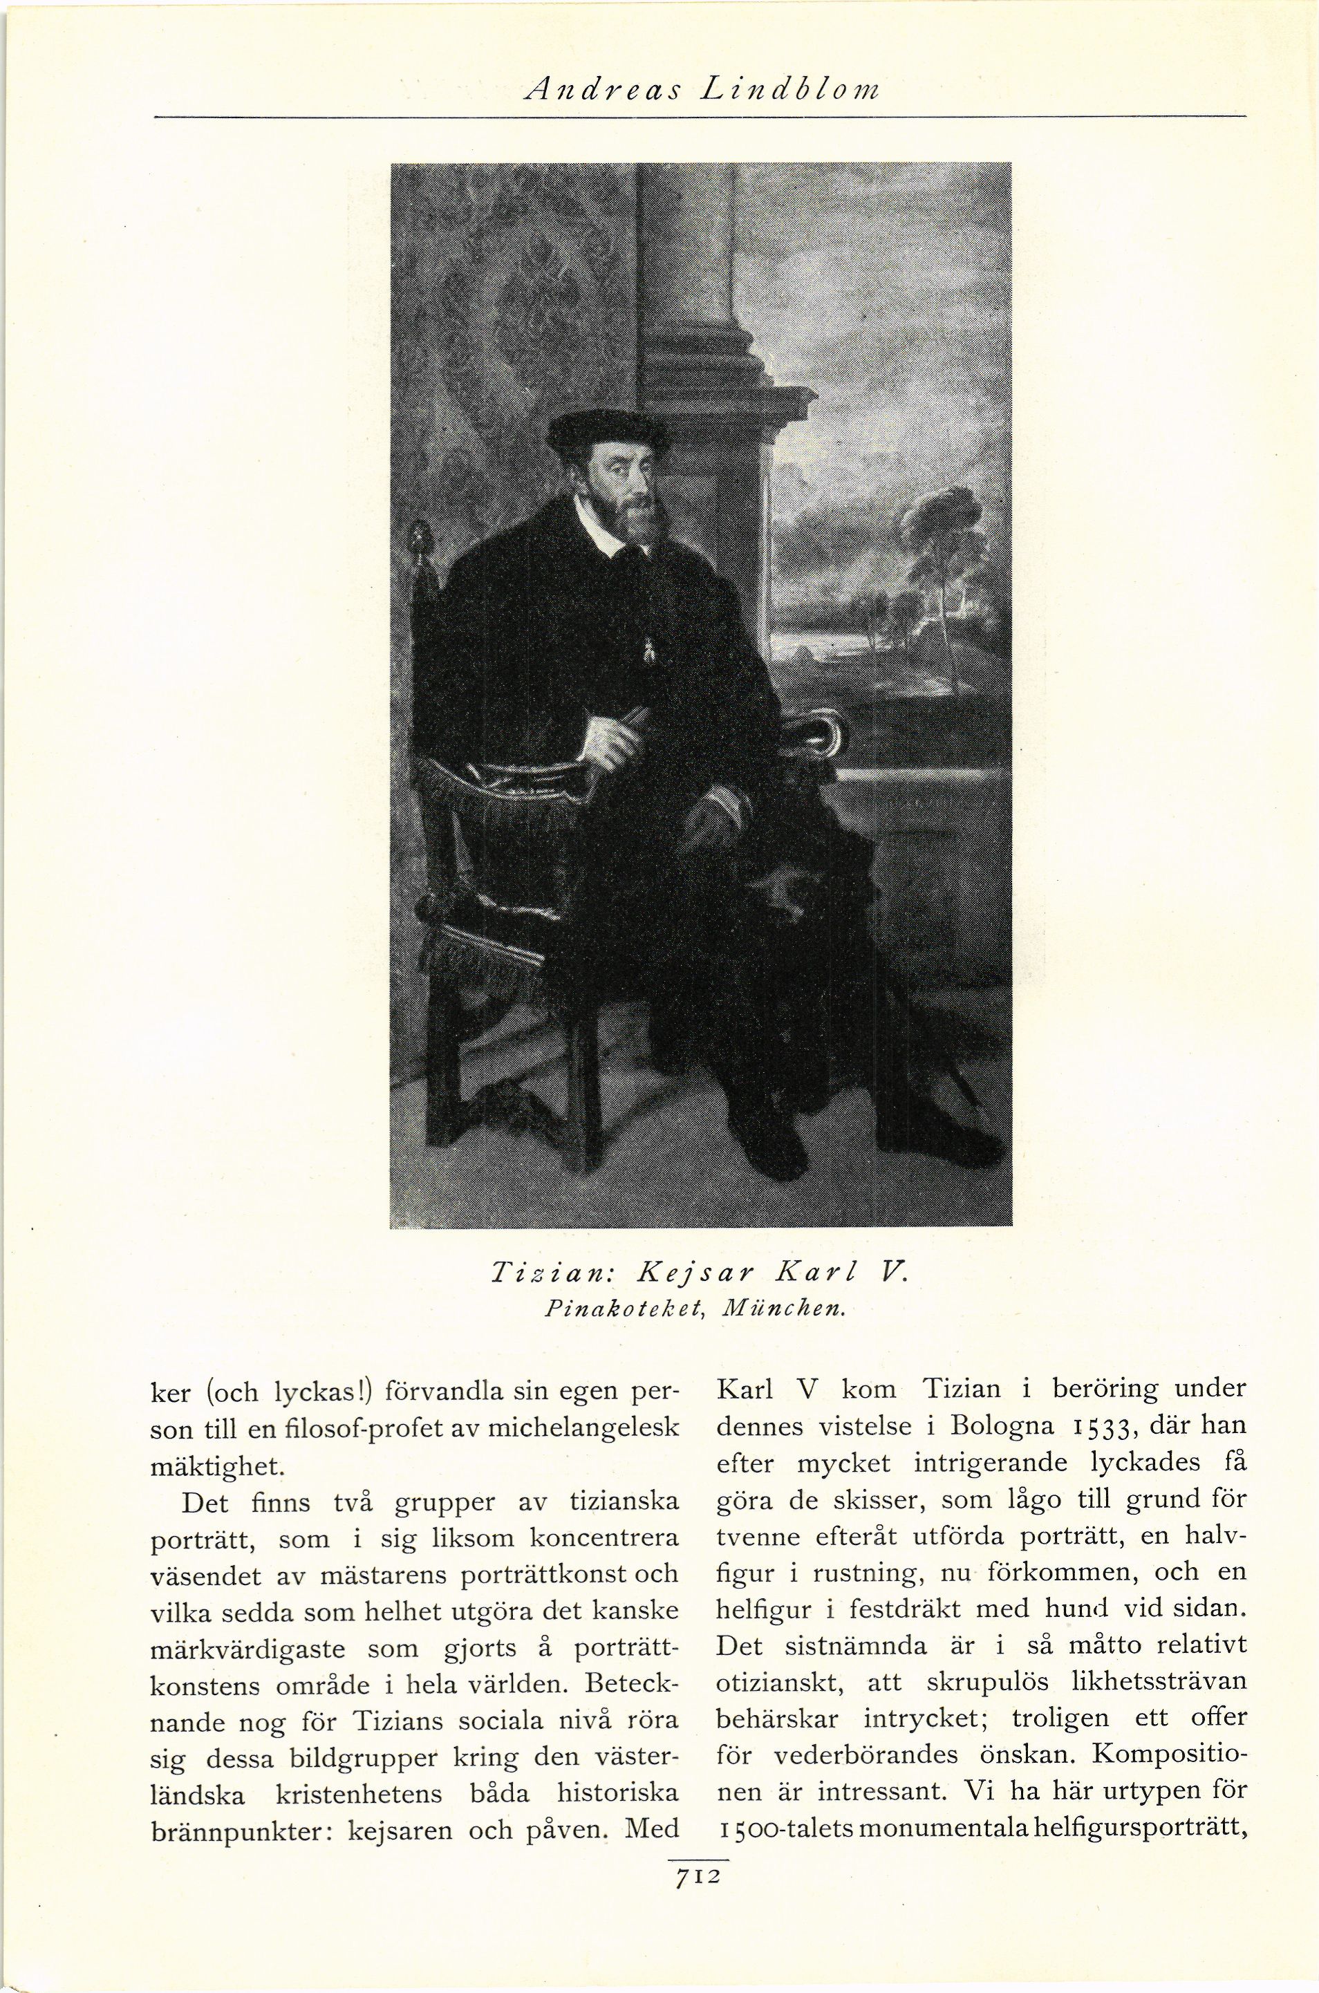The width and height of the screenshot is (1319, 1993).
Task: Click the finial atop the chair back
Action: pos(418,539)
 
